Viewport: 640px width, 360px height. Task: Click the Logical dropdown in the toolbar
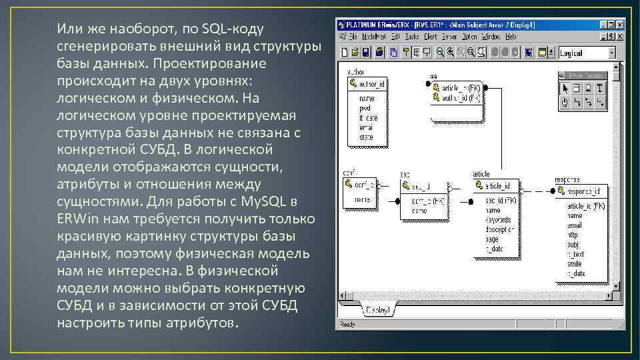point(587,52)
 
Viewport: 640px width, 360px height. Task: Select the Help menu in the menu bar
point(511,36)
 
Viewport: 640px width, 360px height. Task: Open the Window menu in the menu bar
point(491,36)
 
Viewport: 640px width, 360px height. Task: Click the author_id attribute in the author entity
point(371,84)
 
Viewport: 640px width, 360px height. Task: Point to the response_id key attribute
point(583,191)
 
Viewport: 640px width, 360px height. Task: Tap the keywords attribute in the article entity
point(499,219)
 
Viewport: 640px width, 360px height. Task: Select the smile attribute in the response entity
point(575,263)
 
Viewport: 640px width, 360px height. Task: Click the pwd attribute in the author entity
point(365,108)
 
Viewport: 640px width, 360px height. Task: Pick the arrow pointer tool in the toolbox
point(565,88)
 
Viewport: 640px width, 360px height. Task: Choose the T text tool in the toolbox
point(600,88)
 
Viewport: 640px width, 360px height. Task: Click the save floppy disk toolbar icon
point(366,52)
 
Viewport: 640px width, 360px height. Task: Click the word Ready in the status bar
point(348,325)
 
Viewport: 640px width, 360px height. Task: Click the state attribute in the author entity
point(367,136)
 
